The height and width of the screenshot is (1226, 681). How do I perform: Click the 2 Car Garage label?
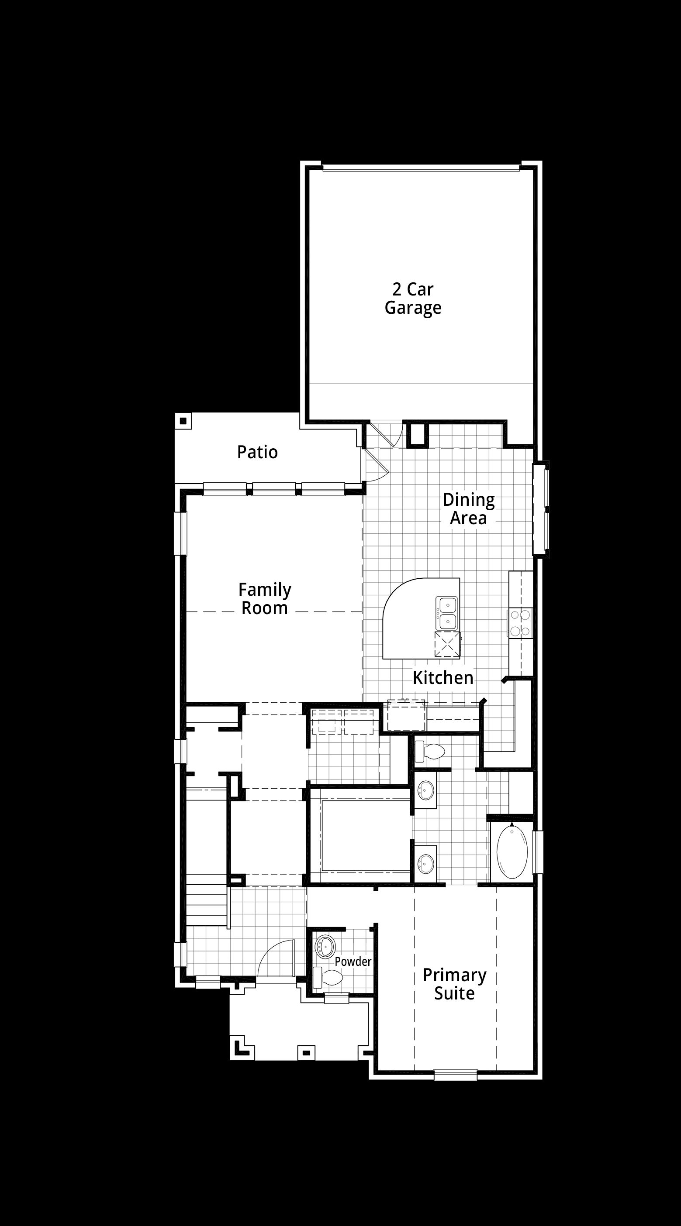click(x=413, y=299)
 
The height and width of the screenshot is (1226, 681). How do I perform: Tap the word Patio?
click(x=257, y=452)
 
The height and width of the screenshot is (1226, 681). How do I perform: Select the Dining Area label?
click(x=469, y=509)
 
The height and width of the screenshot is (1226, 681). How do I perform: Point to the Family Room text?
click(x=265, y=599)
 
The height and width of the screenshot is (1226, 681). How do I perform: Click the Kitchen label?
click(x=443, y=678)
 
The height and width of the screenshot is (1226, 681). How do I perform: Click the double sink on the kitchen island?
click(x=447, y=613)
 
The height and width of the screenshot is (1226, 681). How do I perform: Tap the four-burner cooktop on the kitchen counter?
click(x=519, y=623)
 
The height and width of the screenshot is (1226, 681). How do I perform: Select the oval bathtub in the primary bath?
click(x=512, y=852)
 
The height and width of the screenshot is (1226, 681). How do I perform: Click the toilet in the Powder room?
click(x=328, y=978)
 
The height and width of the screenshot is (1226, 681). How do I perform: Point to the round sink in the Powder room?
click(x=326, y=947)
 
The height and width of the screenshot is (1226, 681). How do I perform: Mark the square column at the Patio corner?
click(x=183, y=421)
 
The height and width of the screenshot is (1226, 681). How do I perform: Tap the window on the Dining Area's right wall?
click(x=541, y=509)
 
